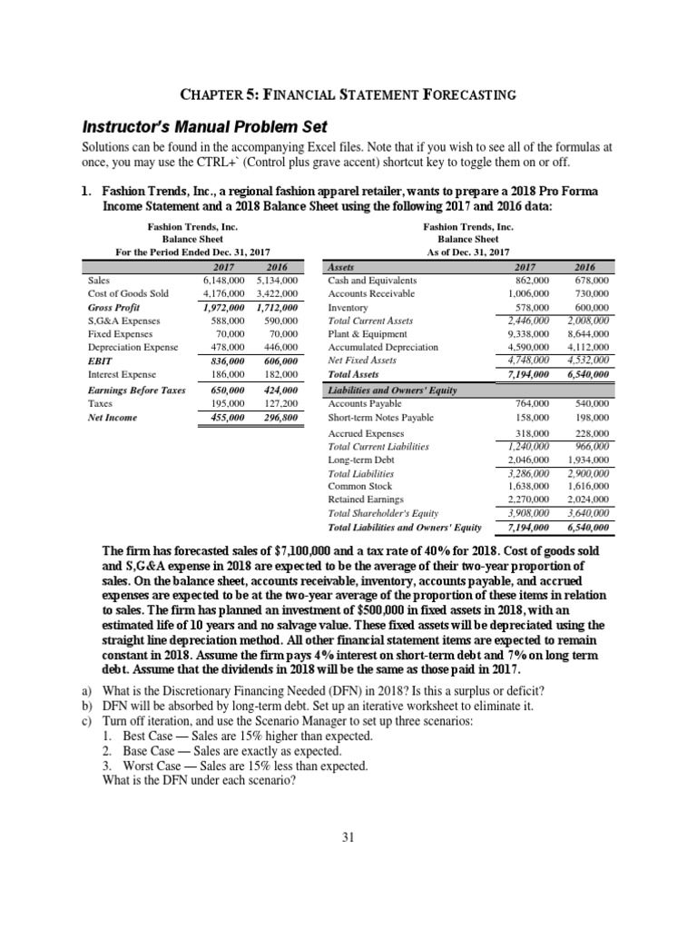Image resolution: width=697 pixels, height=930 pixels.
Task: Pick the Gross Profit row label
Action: pos(112,308)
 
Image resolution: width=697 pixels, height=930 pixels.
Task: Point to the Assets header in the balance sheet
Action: pos(340,268)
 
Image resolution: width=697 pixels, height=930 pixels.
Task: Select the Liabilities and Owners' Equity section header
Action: pos(391,390)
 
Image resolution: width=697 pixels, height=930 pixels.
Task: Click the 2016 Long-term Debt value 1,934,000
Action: pos(587,460)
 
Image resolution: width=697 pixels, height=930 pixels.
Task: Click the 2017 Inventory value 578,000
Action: pos(531,308)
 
